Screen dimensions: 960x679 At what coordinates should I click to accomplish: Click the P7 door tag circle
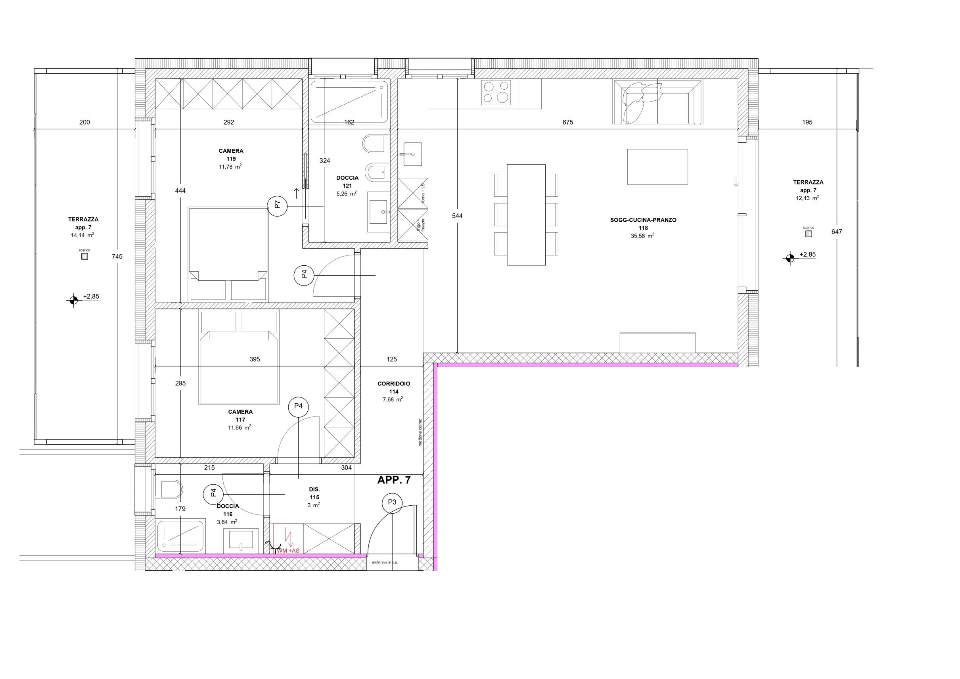tap(277, 206)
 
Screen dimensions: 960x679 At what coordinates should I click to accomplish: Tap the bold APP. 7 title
tap(394, 480)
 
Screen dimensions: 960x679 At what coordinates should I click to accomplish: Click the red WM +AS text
tap(288, 550)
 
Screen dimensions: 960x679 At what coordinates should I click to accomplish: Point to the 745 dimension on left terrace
tap(117, 256)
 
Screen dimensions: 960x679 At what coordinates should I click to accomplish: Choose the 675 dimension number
tap(568, 122)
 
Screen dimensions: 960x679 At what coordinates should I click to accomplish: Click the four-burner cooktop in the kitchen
tap(496, 92)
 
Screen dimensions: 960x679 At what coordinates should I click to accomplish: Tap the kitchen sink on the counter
tap(413, 154)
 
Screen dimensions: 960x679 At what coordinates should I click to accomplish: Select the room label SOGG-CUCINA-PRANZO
tap(643, 220)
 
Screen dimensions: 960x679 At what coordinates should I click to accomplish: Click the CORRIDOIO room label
tap(393, 384)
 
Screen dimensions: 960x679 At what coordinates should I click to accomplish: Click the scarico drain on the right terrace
tap(808, 234)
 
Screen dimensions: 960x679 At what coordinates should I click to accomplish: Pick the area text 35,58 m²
tap(643, 236)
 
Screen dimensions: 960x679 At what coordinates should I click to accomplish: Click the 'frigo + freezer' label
tap(420, 225)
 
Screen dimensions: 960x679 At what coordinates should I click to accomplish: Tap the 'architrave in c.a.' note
tap(385, 562)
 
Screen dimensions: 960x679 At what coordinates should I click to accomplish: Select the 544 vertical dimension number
tap(458, 216)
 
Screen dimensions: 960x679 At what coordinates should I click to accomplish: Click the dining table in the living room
tap(526, 215)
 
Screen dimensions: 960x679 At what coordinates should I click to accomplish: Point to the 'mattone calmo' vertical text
tap(420, 432)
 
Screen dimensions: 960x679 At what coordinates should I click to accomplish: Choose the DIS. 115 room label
tap(314, 497)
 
